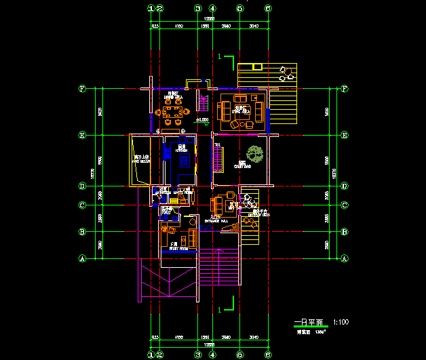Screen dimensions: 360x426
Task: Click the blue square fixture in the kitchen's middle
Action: [182, 159]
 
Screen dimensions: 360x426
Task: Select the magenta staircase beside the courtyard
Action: [218, 159]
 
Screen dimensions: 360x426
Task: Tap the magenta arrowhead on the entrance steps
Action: [218, 252]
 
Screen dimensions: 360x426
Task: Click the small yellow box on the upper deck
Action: [256, 66]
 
